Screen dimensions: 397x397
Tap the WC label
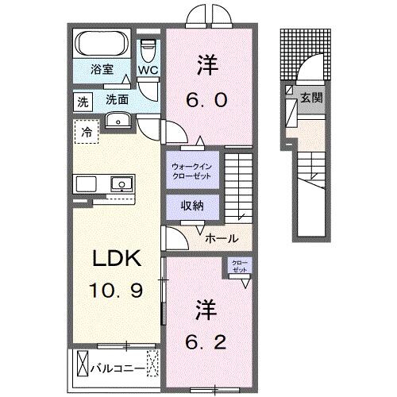(x=148, y=69)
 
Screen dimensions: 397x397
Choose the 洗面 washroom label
(x=118, y=100)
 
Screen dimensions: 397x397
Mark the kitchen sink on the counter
(x=121, y=184)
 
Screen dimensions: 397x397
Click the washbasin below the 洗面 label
(x=118, y=121)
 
